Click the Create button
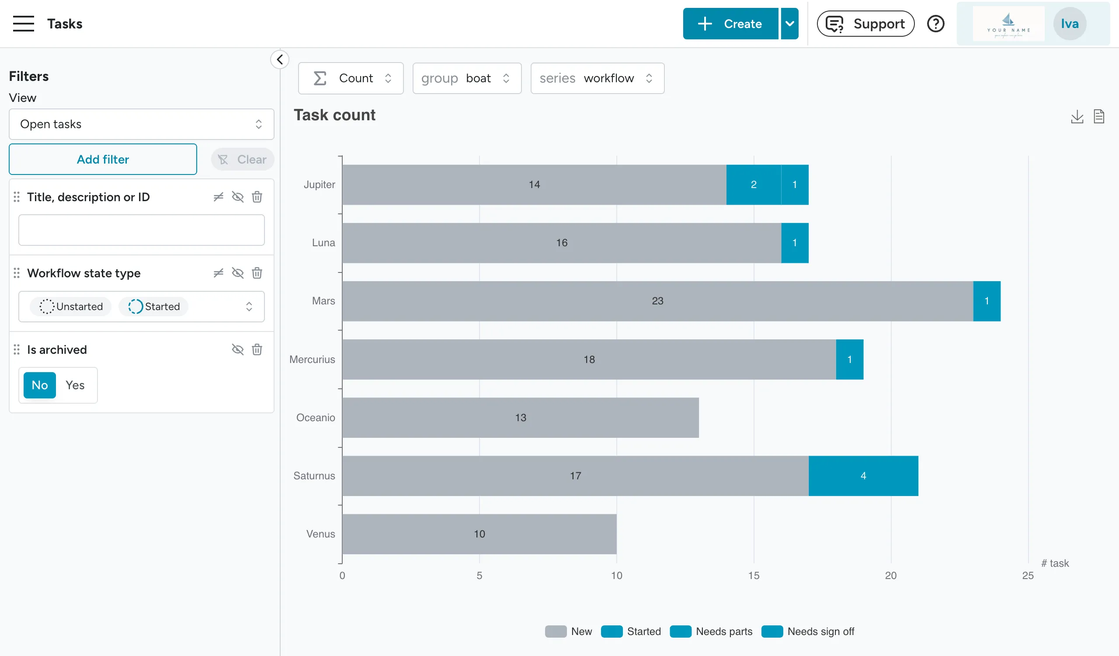tap(730, 24)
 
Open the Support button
tap(865, 24)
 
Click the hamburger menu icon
tap(23, 24)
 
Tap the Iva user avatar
tap(1069, 24)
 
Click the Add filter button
tap(103, 159)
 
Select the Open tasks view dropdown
tap(141, 124)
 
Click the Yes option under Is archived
tap(75, 385)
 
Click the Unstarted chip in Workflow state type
tap(71, 307)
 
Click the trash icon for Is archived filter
tap(257, 349)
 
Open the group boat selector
tap(466, 78)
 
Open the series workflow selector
tap(597, 78)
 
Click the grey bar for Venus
tap(479, 534)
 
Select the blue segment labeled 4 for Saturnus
tap(863, 476)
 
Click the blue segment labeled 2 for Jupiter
tap(753, 184)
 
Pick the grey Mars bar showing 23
tap(657, 301)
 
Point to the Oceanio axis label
tap(315, 418)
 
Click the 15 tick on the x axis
tap(754, 575)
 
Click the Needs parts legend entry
tap(723, 631)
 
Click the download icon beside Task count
tap(1077, 116)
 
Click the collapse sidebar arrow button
tap(280, 59)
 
